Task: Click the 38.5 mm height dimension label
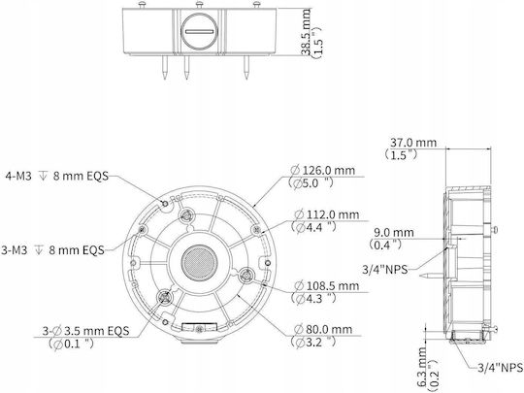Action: (x=306, y=32)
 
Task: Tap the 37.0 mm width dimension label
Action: (x=413, y=143)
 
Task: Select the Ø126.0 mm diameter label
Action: (x=322, y=170)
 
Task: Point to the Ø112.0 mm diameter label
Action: (x=326, y=214)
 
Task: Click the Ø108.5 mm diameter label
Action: (x=326, y=285)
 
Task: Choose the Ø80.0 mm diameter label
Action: (x=323, y=330)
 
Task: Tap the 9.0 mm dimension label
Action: (x=394, y=232)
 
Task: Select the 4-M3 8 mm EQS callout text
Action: (x=57, y=176)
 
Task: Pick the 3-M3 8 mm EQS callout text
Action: (x=52, y=250)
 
